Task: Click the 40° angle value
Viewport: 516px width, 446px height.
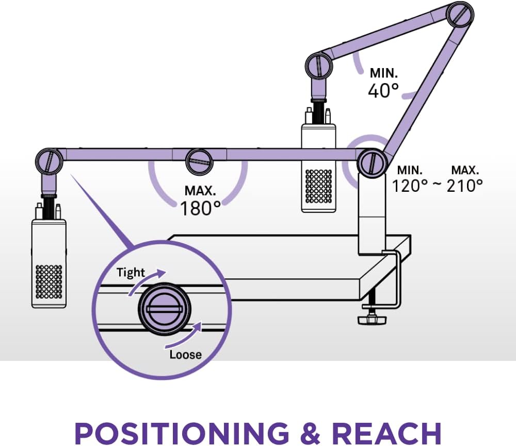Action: coord(383,90)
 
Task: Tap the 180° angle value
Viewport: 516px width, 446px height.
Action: coord(200,208)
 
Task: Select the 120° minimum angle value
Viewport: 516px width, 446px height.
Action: coord(410,185)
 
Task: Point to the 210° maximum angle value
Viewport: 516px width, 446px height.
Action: coord(465,185)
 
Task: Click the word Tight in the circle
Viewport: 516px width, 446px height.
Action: coord(131,272)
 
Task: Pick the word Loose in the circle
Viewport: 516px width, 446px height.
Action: coord(185,354)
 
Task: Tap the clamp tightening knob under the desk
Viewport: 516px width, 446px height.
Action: coord(372,319)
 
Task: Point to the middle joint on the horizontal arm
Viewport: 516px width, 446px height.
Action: coord(199,160)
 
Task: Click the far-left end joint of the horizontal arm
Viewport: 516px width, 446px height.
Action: coord(50,160)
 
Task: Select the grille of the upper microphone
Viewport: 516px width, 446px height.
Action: coord(318,186)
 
